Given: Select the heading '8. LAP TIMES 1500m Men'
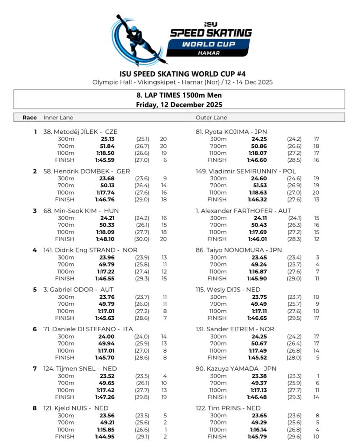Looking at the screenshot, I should pos(179,95).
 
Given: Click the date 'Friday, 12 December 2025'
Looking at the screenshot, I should pos(179,105).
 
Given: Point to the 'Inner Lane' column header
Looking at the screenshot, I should pos(58,118).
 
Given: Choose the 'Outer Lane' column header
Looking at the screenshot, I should pos(211,118).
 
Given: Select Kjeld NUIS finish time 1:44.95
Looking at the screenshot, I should pos(105,437).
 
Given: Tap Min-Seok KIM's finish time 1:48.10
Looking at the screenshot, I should pos(105,239).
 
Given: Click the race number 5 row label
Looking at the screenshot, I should pos(35,290).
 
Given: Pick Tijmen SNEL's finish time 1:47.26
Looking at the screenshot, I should pos(105,397).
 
